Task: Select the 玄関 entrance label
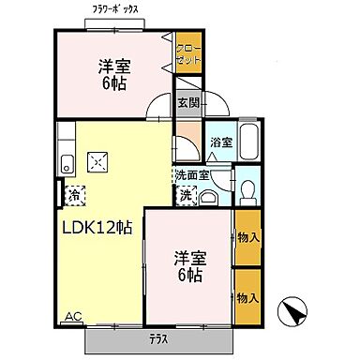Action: pos(188,103)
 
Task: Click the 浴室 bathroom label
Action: pos(221,142)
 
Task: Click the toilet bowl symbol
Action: pos(247,192)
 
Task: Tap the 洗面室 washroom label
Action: pos(194,175)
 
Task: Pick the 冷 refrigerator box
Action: pos(72,194)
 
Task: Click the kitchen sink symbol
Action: pos(67,165)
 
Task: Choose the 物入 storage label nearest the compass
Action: pos(247,297)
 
